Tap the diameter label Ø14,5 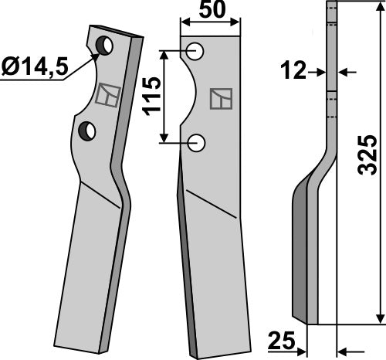(x=33, y=67)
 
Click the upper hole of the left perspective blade (x=104, y=46)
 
